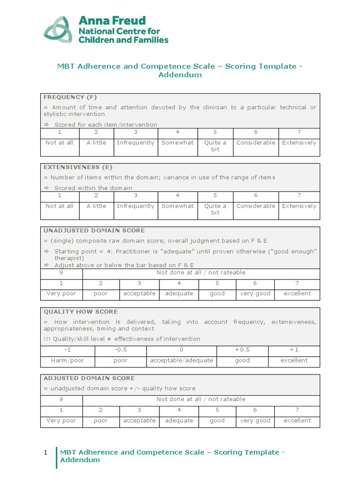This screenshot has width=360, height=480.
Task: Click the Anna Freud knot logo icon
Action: point(58,30)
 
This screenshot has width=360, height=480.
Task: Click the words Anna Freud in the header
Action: point(112,21)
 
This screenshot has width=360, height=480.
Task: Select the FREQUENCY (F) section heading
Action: point(70,97)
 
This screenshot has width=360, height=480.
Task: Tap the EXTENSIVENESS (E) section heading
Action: point(78,167)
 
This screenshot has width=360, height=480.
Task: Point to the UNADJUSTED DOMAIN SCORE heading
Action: point(94,231)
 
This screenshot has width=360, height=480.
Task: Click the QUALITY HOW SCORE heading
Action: point(81,312)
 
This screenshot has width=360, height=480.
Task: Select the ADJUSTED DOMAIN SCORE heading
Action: point(89,378)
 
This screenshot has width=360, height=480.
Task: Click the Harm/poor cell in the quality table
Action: point(67,360)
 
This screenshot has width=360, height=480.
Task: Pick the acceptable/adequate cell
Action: point(181,360)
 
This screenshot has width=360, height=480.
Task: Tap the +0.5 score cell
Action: point(242,350)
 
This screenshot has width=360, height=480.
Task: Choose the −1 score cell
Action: point(67,350)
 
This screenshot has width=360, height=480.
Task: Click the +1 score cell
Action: point(294,350)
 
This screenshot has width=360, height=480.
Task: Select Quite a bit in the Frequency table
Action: point(215,146)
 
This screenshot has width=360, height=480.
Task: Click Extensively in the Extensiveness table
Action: point(299,206)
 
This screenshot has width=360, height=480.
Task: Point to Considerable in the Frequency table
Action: point(255,142)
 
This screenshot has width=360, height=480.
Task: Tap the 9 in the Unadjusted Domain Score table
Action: point(61,272)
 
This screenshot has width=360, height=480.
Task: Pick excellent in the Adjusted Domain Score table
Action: point(297,420)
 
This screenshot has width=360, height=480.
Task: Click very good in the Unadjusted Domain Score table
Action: point(255,293)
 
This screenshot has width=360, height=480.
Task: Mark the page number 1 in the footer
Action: point(45,453)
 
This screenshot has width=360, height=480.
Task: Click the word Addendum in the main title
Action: point(180,75)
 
